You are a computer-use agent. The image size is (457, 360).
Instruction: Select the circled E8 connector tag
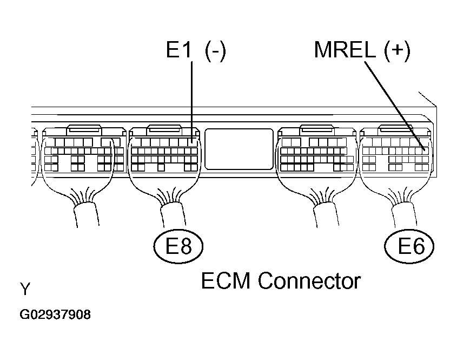tap(178, 247)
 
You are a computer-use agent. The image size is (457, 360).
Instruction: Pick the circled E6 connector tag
tap(410, 247)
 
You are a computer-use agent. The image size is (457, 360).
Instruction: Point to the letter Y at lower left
tap(25, 290)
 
